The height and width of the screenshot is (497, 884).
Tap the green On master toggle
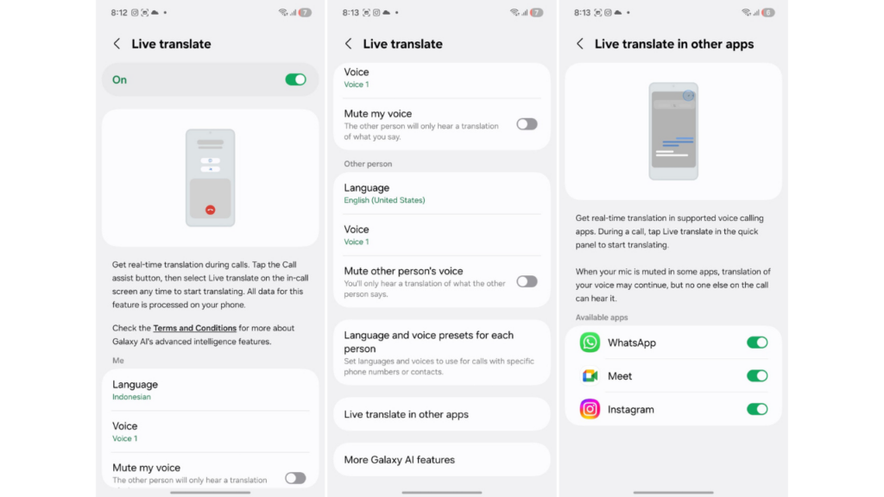pyautogui.click(x=295, y=79)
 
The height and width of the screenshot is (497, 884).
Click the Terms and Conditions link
pyautogui.click(x=194, y=328)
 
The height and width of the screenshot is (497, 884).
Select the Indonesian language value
pyautogui.click(x=131, y=397)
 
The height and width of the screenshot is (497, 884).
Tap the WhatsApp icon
pyautogui.click(x=590, y=343)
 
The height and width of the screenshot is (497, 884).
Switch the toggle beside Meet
pyautogui.click(x=757, y=376)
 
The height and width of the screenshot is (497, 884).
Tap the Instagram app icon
pyautogui.click(x=590, y=409)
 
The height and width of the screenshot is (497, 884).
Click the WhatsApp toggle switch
pyautogui.click(x=757, y=343)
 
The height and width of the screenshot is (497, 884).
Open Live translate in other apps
pyautogui.click(x=406, y=414)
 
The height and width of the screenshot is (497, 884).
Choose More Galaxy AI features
pyautogui.click(x=399, y=460)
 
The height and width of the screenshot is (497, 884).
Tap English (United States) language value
pyautogui.click(x=384, y=200)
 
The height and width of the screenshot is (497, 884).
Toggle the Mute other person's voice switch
pyautogui.click(x=527, y=281)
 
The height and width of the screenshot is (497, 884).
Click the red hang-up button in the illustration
pyautogui.click(x=211, y=210)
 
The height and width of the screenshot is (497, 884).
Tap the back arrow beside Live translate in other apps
pyautogui.click(x=579, y=44)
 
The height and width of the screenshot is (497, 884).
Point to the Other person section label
pyautogui.click(x=368, y=164)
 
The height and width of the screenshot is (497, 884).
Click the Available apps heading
pyautogui.click(x=602, y=318)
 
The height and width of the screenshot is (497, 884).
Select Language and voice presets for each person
pyautogui.click(x=428, y=342)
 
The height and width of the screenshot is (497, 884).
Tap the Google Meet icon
pyautogui.click(x=590, y=376)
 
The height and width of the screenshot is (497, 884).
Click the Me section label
pyautogui.click(x=117, y=361)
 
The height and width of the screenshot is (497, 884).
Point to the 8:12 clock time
pyautogui.click(x=119, y=12)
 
